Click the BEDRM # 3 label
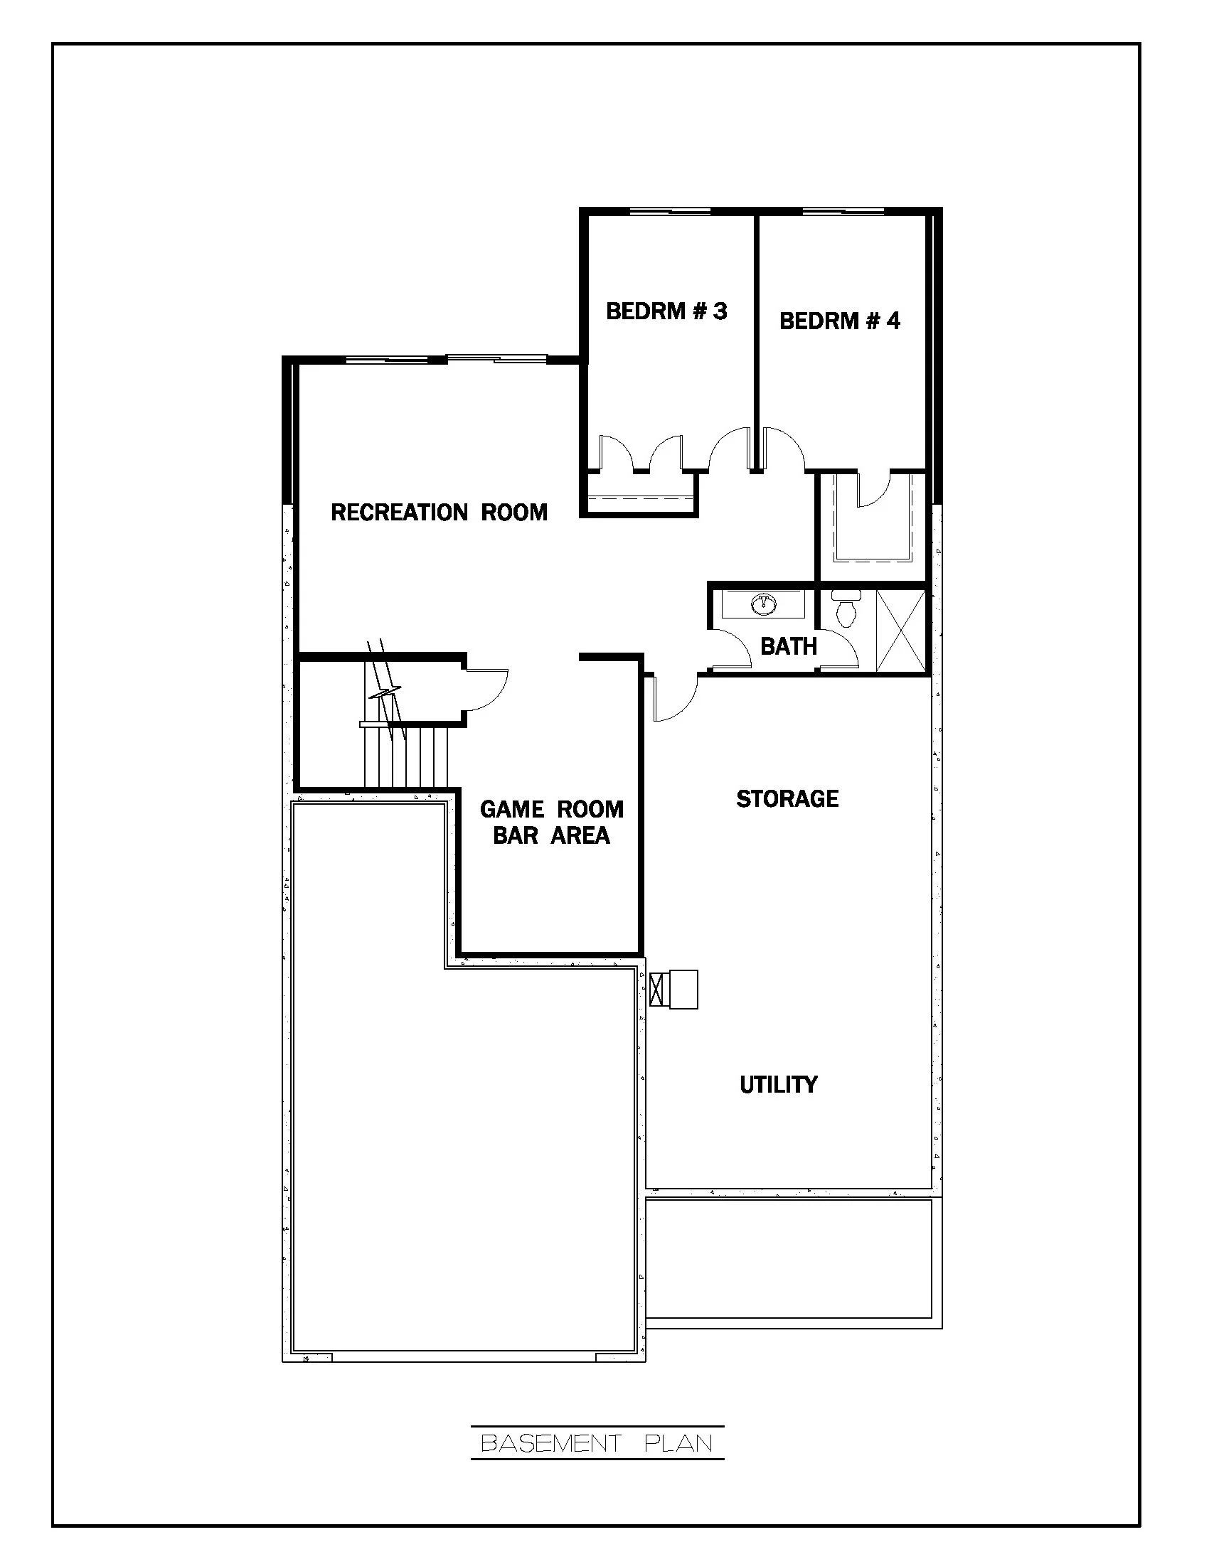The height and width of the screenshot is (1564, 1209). (x=666, y=311)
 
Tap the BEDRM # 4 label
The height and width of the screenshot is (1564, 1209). (x=839, y=320)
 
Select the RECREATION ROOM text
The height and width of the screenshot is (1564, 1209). (x=439, y=512)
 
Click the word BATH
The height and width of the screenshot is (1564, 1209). (x=789, y=646)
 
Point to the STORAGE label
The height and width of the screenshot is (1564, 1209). (x=787, y=798)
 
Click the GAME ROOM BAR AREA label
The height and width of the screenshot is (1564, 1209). (x=551, y=822)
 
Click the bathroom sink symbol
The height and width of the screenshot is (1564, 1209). (x=764, y=604)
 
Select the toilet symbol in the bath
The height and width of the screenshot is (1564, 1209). (x=846, y=610)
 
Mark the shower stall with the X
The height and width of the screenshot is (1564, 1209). (x=900, y=630)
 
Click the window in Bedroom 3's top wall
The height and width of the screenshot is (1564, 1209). (x=670, y=212)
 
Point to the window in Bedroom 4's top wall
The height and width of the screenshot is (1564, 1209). (x=843, y=212)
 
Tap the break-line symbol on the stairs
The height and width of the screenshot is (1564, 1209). (x=384, y=693)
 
